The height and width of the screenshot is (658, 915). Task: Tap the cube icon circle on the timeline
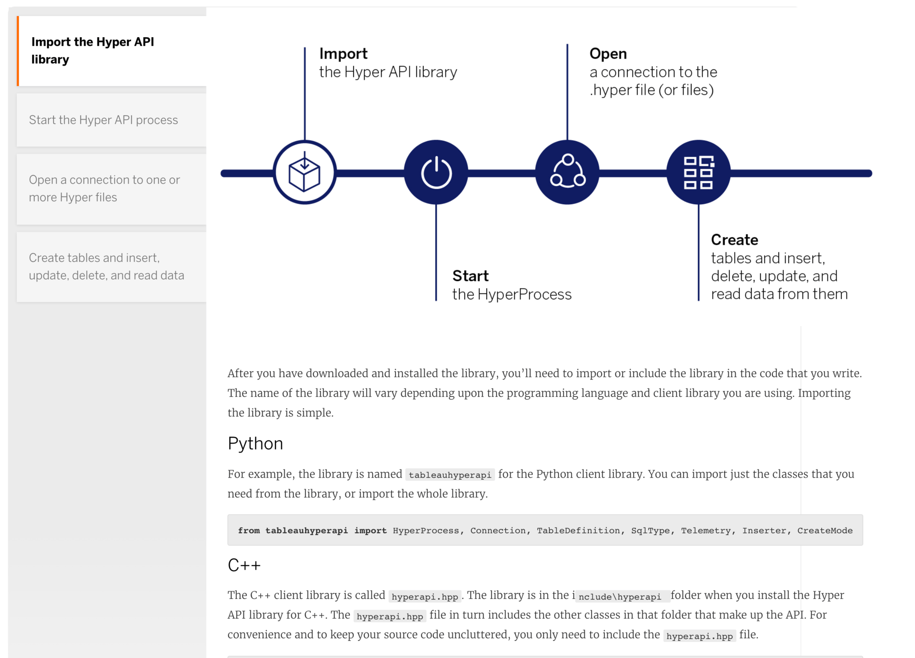(x=305, y=173)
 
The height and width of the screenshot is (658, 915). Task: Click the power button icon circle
(x=436, y=173)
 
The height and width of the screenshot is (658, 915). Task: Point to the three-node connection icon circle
(x=567, y=173)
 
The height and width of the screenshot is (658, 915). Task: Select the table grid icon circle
(x=698, y=173)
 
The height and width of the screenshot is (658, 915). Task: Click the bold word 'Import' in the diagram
(x=343, y=54)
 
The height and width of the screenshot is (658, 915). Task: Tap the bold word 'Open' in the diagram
(x=608, y=54)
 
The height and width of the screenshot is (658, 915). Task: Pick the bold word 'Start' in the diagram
(x=470, y=276)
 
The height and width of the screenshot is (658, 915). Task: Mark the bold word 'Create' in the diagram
(x=734, y=239)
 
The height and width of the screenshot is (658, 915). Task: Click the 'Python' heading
(x=255, y=443)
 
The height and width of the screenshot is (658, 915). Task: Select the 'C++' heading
(x=244, y=565)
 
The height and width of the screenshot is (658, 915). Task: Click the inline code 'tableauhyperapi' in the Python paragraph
(x=450, y=475)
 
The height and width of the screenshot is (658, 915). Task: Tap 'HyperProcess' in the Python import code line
(x=425, y=530)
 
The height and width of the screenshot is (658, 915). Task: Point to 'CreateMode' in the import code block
(x=824, y=530)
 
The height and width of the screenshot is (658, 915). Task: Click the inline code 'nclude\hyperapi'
(x=620, y=596)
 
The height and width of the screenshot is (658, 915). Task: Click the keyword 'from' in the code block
(x=248, y=530)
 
